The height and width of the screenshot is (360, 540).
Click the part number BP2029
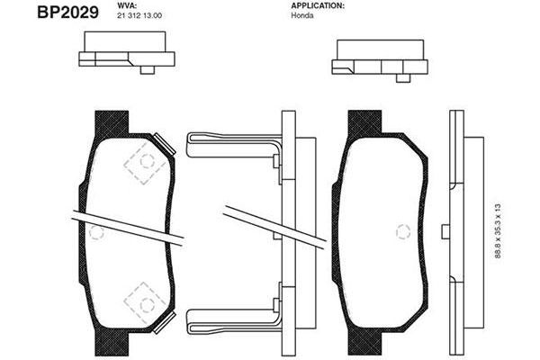(67, 13)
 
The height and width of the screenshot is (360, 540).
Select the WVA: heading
(128, 6)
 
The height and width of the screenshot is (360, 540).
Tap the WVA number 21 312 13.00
(139, 16)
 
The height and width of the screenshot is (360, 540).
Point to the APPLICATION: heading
(318, 6)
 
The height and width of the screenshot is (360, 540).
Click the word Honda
(302, 15)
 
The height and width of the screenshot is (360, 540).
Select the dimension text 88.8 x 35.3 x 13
(498, 230)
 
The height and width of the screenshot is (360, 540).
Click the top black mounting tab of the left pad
(112, 123)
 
